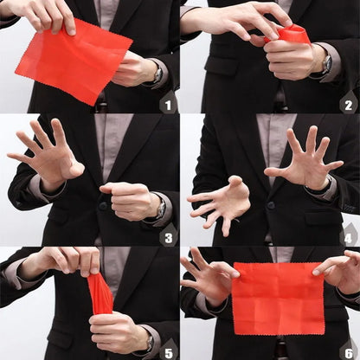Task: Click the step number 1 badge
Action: coord(168,105)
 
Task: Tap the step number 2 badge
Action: coord(348,105)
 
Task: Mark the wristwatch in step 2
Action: coord(326,63)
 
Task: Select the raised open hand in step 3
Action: coord(50,156)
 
